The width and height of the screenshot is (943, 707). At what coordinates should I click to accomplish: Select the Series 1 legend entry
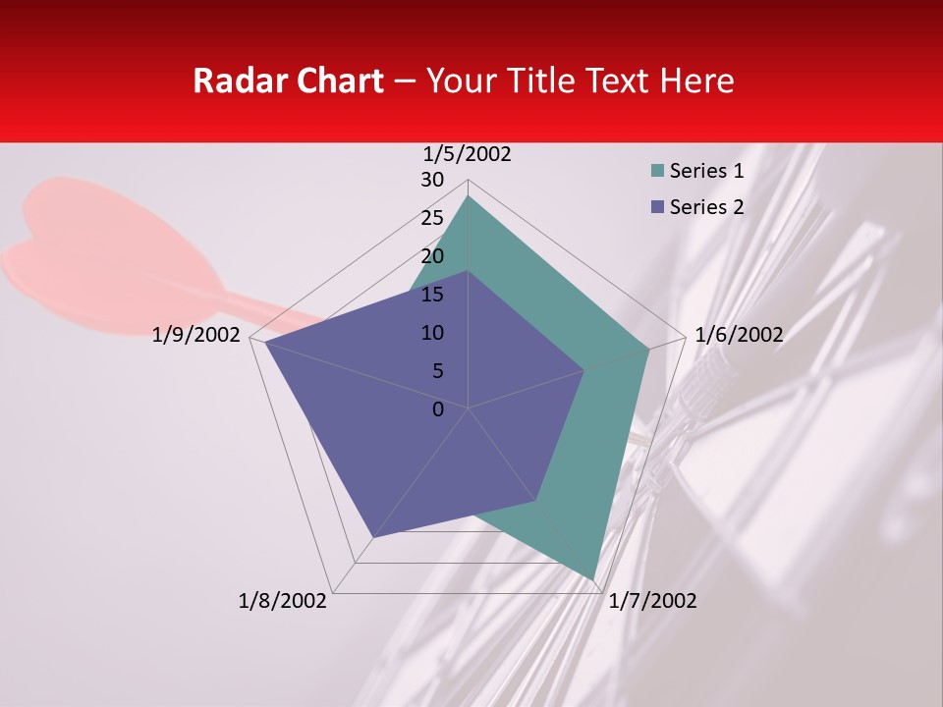point(705,171)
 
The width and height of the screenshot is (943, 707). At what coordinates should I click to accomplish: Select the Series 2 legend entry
point(705,207)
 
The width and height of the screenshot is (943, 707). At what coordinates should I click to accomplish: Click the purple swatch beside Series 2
point(655,207)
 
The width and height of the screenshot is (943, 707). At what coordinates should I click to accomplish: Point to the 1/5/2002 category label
point(468,154)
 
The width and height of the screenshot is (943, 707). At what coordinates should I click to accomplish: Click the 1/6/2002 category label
point(739,336)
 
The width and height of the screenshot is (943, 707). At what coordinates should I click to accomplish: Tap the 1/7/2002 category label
point(652,601)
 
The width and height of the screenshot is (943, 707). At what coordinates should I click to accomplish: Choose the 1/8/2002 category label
point(283,601)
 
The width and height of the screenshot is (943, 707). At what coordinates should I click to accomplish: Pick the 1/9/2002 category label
point(196,336)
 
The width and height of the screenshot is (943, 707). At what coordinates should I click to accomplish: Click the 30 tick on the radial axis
point(432,180)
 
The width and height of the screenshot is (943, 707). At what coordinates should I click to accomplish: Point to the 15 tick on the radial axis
point(432,295)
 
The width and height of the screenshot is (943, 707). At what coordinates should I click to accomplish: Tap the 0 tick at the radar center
point(438,409)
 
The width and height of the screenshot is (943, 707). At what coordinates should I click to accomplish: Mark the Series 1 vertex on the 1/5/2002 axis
point(469,195)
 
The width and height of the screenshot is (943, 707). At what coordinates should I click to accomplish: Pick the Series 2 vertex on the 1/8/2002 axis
point(372,538)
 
